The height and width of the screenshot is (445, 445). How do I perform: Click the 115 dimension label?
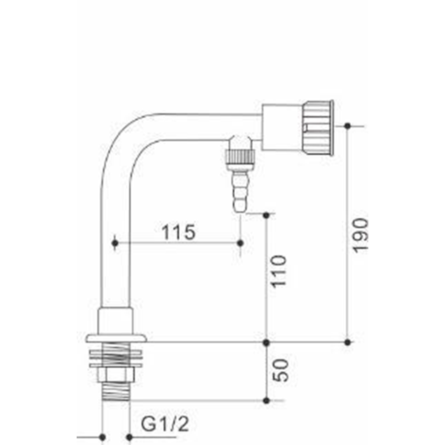coord(178,232)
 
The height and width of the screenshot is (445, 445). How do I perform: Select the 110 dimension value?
coord(279,272)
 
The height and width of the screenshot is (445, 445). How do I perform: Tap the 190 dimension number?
coord(360,235)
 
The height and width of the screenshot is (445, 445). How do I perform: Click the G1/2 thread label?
coord(165,424)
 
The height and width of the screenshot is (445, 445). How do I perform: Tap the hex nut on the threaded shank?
coord(115,374)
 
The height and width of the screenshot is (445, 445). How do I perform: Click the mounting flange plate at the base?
coord(116,338)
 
